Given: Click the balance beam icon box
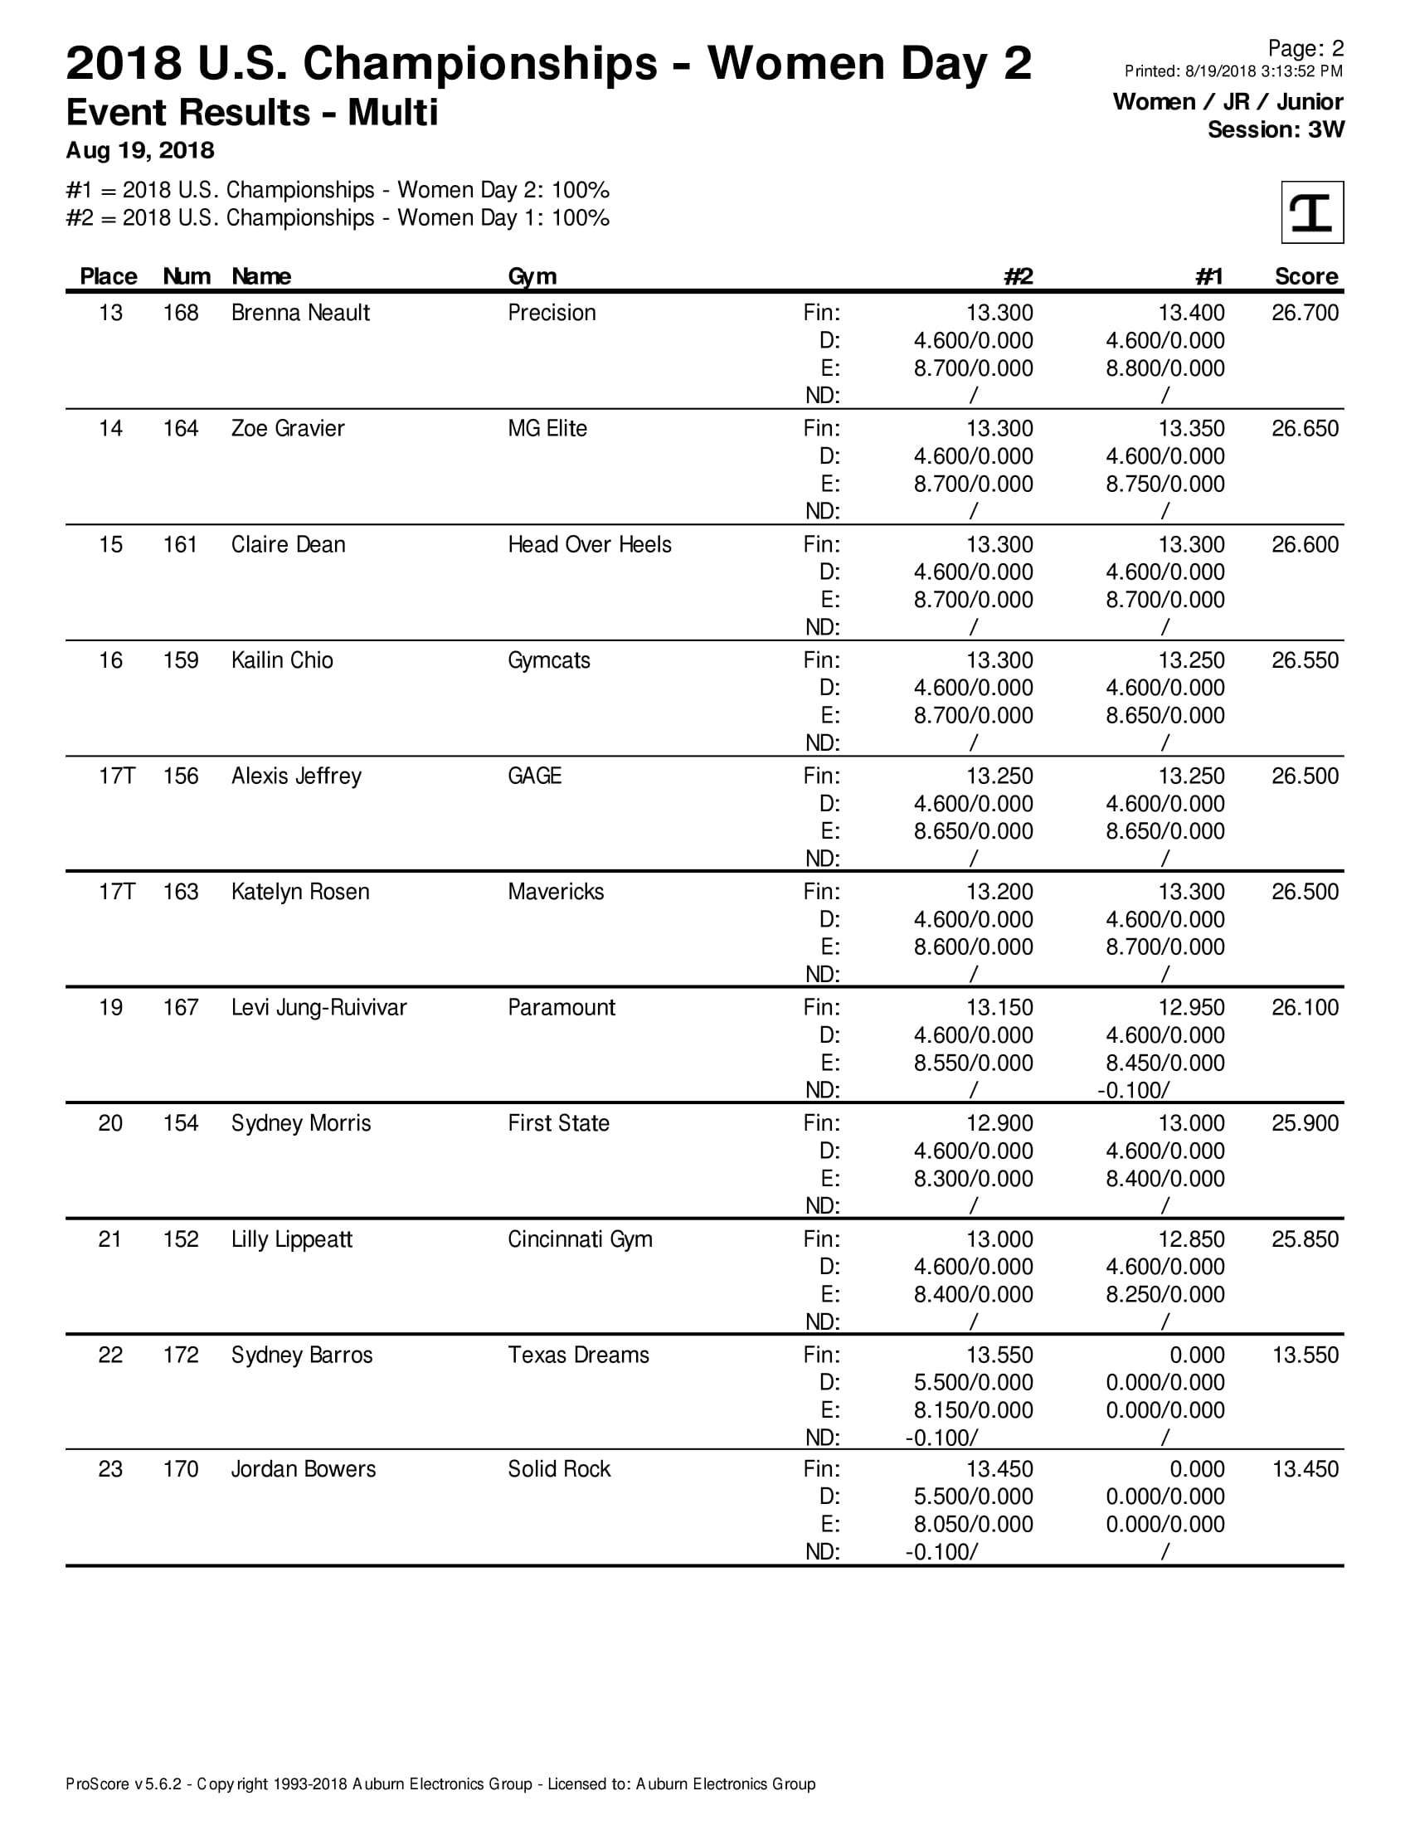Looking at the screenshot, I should (1311, 212).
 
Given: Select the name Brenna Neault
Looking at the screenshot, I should (300, 313).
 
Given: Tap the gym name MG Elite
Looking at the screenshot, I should (547, 429).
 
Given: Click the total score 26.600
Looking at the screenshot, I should (1304, 545).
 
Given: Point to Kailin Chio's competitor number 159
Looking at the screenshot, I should (181, 660).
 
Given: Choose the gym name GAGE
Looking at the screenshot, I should (535, 776).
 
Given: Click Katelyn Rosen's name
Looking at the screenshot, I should (300, 892).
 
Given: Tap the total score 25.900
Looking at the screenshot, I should (1304, 1123).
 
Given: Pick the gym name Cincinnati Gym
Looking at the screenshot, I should (580, 1239).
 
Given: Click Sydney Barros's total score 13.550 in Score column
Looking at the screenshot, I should (1304, 1355).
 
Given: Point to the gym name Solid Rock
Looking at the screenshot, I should (559, 1469).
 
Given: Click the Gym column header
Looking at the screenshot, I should (532, 276).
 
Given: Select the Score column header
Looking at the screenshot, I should (1305, 276).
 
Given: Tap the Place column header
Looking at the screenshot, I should (109, 276).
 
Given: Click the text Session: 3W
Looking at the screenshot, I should (1276, 130).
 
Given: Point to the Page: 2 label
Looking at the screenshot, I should (1305, 48).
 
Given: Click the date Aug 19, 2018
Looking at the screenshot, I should (140, 150).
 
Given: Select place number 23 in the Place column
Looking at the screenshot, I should (110, 1469).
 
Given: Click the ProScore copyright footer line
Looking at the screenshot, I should (440, 1784).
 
